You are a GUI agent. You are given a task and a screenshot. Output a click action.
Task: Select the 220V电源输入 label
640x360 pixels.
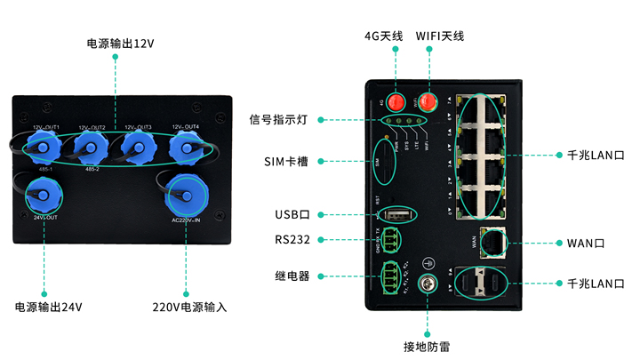189,307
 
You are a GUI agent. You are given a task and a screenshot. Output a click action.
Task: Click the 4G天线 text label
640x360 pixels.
384,36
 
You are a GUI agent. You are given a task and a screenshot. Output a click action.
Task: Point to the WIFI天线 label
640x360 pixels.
440,36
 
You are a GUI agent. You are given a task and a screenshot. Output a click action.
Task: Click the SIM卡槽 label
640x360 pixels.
286,162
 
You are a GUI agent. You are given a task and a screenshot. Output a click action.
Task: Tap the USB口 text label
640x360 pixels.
292,215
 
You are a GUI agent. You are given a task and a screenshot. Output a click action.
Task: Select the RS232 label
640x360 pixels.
292,239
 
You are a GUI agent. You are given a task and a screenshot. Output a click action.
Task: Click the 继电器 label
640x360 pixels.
292,276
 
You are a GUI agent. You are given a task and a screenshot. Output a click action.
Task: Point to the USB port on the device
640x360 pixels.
397,215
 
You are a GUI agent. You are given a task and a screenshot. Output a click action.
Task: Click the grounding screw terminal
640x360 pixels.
428,284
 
